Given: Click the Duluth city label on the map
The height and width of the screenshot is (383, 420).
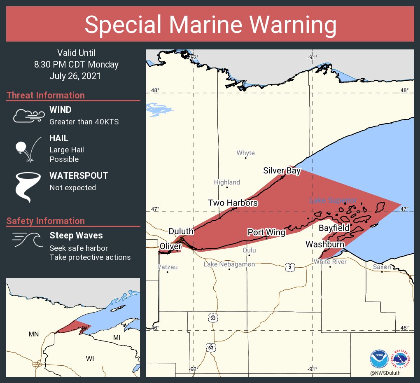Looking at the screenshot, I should click(x=181, y=231).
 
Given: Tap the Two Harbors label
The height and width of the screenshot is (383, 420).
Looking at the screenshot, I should click(x=233, y=203).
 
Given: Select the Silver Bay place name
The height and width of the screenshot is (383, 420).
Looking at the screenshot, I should click(x=282, y=171).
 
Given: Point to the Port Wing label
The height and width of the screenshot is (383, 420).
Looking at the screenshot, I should click(x=266, y=232).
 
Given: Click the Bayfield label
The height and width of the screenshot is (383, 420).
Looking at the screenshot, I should click(x=334, y=228).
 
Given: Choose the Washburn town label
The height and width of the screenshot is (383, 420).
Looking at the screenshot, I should click(x=325, y=244).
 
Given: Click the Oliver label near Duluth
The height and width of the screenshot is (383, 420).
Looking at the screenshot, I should click(x=170, y=246).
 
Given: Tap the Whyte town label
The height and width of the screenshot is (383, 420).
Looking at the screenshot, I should click(x=245, y=153).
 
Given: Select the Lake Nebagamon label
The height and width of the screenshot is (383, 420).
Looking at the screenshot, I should click(x=229, y=264).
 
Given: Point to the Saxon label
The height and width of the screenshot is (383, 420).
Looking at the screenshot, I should click(x=382, y=267).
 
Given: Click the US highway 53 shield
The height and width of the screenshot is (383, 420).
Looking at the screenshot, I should click(x=212, y=318).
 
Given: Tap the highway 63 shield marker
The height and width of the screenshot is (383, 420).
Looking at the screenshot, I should click(x=211, y=348).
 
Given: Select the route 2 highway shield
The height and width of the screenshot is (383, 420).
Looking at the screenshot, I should click(x=290, y=268).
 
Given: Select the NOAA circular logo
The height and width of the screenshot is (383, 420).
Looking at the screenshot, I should click(x=379, y=359).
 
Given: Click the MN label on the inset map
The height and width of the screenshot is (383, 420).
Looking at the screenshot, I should click(x=33, y=334).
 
